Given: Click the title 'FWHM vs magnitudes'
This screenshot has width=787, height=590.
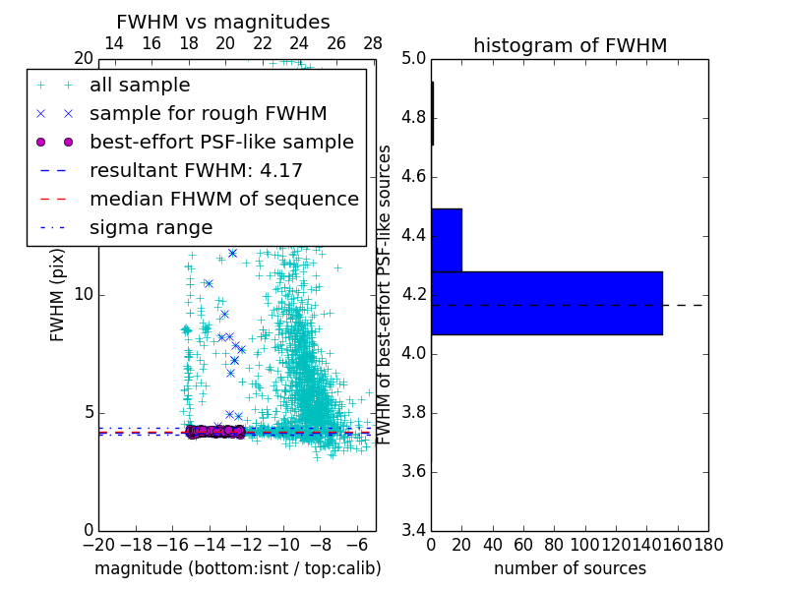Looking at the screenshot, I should (223, 23).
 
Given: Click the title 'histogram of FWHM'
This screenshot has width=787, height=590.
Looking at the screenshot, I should (570, 45).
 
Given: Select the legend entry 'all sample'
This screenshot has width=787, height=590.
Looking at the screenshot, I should (140, 86).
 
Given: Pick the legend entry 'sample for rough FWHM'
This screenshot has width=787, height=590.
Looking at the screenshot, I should (208, 114).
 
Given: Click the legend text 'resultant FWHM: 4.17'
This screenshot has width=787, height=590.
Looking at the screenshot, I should (196, 171).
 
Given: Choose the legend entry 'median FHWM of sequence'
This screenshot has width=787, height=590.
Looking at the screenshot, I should (223, 200).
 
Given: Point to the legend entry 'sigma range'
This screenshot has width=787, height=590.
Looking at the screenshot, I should (151, 228).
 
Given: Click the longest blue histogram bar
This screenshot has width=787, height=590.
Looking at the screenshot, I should (546, 303).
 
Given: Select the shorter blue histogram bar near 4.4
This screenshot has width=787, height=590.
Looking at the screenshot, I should (447, 240).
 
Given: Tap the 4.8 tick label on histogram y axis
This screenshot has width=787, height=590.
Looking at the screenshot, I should (414, 118).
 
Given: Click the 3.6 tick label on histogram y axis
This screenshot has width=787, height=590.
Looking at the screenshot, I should (414, 471).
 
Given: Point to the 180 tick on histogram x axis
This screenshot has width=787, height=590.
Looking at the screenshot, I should (708, 544).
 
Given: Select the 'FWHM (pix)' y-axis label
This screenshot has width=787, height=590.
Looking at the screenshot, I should (58, 295).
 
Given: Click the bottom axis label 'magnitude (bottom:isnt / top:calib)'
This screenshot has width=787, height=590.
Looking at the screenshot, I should (237, 568).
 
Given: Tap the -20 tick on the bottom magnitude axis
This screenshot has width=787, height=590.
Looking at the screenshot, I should (98, 544).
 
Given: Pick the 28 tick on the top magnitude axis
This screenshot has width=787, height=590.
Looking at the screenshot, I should (373, 44).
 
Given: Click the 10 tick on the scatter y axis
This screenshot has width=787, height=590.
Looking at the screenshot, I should (84, 295).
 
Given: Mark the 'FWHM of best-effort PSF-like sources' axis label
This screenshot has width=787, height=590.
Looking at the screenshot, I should (386, 295).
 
